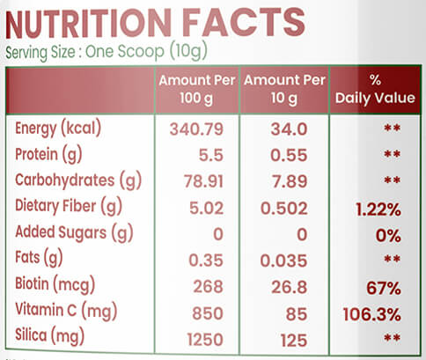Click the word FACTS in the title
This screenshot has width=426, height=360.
(245, 23)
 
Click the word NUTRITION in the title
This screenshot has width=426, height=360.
(88, 23)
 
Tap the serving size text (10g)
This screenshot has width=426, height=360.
(188, 51)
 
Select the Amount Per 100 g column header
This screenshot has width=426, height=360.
(197, 90)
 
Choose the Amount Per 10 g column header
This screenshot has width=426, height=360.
(284, 90)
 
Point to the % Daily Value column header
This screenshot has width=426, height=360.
(375, 90)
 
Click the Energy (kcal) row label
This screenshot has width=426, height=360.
(58, 129)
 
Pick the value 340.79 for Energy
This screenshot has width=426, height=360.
(196, 129)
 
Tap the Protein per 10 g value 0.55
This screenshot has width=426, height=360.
(289, 155)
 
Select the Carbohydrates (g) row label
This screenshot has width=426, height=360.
(78, 180)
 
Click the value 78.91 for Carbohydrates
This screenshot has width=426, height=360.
(203, 181)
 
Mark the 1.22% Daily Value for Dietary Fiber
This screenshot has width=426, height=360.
(378, 209)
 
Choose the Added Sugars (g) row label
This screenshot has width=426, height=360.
(74, 232)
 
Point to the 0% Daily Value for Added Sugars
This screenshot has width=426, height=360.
(388, 236)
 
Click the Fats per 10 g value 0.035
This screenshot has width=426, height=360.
(283, 261)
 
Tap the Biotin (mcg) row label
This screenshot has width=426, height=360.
(55, 284)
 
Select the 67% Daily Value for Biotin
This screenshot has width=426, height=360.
(384, 288)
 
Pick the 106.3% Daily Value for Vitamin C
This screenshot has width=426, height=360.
(372, 314)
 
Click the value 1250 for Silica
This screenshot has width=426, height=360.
(205, 340)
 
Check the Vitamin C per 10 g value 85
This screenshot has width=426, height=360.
(297, 314)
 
